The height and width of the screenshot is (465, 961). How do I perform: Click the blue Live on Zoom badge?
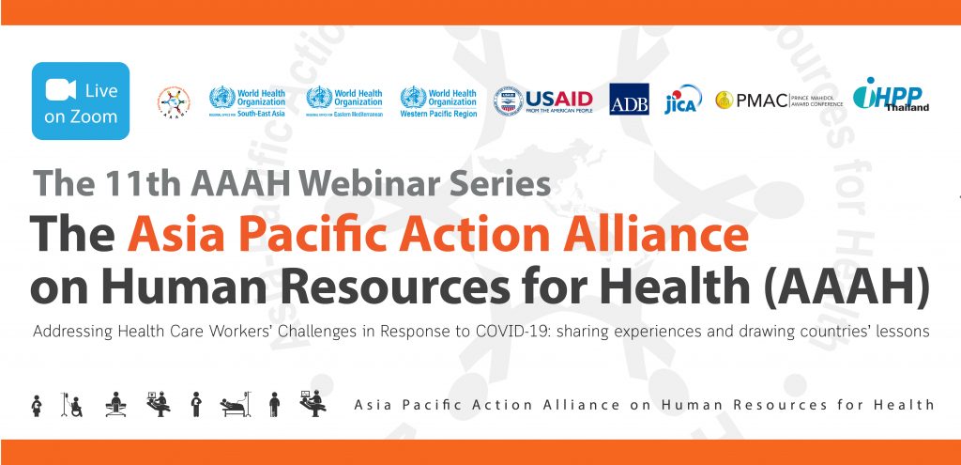click(x=81, y=101)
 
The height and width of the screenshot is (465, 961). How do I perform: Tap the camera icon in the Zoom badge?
click(x=60, y=90)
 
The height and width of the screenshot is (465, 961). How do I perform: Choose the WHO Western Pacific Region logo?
click(x=438, y=100)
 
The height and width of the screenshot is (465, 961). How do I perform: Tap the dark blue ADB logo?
click(x=629, y=100)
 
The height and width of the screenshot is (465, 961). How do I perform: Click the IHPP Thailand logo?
click(x=891, y=96)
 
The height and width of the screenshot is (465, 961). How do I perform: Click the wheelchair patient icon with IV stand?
click(x=71, y=404)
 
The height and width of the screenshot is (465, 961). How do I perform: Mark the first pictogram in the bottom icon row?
click(x=37, y=404)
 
